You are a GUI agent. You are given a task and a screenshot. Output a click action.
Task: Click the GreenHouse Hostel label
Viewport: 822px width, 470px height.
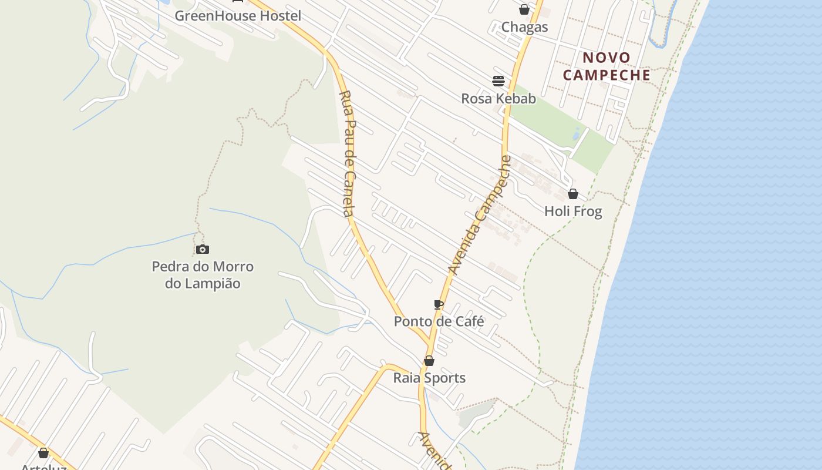pos(238,16)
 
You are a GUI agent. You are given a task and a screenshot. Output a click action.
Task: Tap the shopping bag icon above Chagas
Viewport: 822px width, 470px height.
pos(524,9)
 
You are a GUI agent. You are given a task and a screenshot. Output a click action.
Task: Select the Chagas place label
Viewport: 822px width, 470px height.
pos(524,27)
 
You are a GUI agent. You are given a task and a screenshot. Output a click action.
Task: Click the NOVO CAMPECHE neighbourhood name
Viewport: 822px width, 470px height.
pos(607,66)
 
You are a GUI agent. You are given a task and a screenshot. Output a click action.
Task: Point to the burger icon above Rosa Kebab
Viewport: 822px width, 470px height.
pos(498,81)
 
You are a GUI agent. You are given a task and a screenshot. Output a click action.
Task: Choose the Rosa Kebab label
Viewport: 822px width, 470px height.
pos(498,99)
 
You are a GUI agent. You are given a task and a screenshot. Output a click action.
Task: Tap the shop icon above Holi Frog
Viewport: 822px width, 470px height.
pos(573,194)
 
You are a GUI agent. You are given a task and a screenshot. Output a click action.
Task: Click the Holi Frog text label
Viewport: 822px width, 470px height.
pos(573,211)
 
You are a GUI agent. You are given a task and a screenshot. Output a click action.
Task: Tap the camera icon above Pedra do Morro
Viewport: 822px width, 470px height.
pos(203,250)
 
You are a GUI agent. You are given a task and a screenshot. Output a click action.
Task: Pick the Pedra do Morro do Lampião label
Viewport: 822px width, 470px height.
pos(203,275)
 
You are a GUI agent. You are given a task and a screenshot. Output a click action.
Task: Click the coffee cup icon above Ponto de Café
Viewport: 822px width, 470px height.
pos(439,304)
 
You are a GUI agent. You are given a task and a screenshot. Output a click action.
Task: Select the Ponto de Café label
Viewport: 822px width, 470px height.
pos(439,322)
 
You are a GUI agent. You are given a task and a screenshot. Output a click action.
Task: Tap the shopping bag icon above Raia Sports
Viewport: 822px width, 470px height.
pos(429,361)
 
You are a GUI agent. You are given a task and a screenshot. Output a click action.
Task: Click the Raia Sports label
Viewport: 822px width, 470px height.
pos(429,378)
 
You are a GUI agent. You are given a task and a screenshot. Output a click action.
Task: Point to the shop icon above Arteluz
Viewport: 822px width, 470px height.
pos(43,453)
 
